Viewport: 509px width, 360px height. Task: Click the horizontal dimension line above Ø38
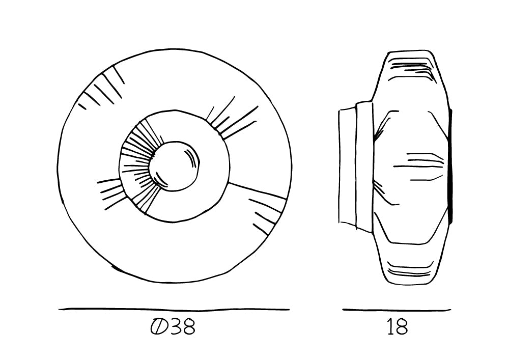coord(174,310)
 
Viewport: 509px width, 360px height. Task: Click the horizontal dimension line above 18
coord(397,310)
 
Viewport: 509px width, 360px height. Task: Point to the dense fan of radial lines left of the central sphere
coord(139,165)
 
